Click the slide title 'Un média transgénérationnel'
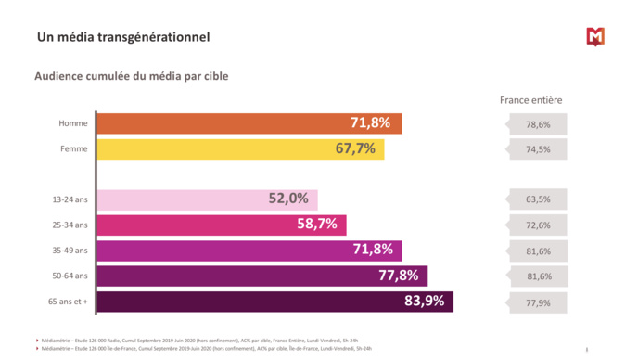click(122, 37)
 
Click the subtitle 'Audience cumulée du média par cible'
click(131, 76)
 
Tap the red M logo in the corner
click(595, 36)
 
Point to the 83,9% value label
click(424, 301)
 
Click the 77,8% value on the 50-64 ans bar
click(398, 276)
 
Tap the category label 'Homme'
click(72, 123)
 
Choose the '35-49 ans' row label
click(70, 251)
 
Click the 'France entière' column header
click(530, 100)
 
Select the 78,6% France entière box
click(538, 124)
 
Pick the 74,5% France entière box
click(538, 149)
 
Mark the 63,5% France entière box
click(538, 199)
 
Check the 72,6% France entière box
click(538, 225)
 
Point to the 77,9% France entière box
click(538, 302)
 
